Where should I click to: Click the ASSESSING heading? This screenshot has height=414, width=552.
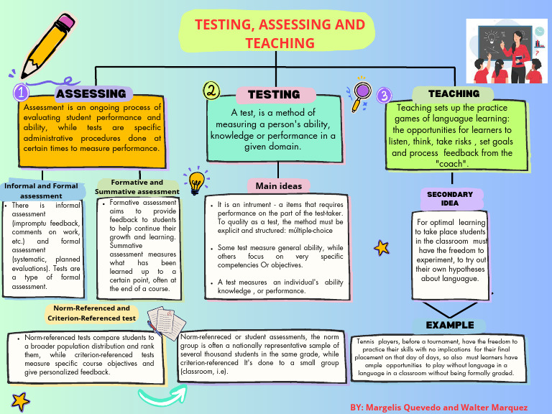[x=91, y=93]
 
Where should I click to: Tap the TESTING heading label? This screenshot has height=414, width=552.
[x=274, y=94]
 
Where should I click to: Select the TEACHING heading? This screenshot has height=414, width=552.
[x=454, y=93]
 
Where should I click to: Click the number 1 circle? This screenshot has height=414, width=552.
[x=22, y=93]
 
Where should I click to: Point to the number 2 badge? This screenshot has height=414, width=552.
[x=211, y=91]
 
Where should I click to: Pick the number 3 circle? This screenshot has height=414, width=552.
[x=384, y=95]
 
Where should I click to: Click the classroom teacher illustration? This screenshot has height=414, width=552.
[x=507, y=50]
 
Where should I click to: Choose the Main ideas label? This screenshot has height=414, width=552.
[x=279, y=186]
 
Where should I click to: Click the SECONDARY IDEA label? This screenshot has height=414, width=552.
[x=450, y=198]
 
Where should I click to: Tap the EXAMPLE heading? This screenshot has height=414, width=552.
[x=450, y=325]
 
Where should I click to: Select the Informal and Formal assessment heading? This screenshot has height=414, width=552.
[x=41, y=190]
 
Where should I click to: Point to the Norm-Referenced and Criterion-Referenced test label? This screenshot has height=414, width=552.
[x=91, y=313]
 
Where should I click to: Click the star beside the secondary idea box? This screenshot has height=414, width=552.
[x=381, y=249]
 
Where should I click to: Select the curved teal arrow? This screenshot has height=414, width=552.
[x=161, y=396]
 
